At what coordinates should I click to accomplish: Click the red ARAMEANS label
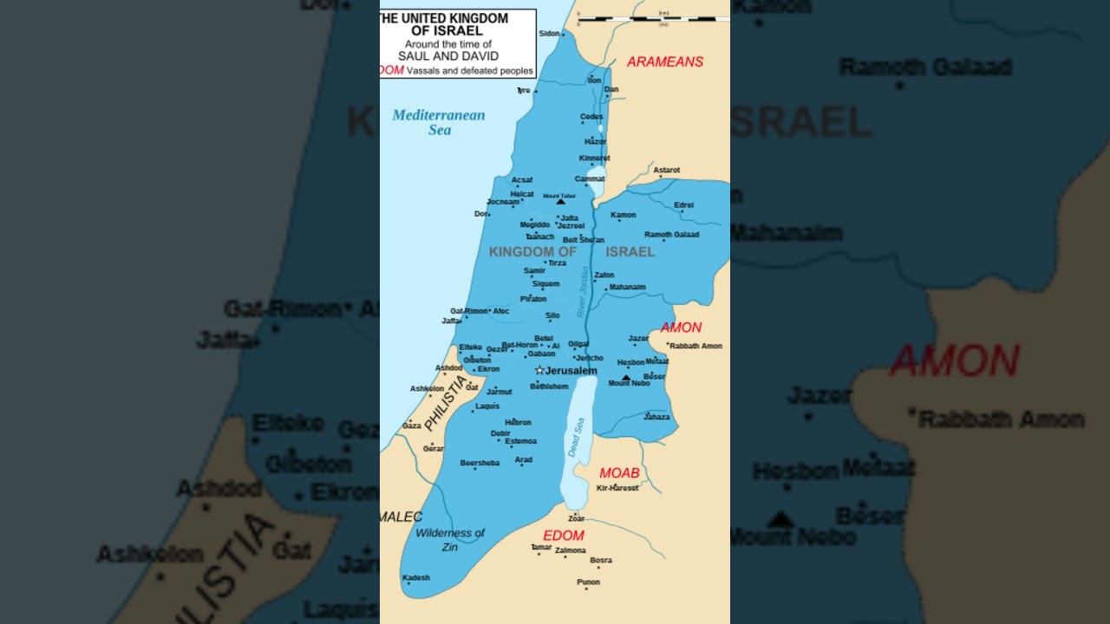click(x=665, y=62)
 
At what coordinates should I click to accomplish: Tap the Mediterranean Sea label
click(x=439, y=122)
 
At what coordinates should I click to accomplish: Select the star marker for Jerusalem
click(x=539, y=370)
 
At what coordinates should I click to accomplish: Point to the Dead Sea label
click(x=576, y=437)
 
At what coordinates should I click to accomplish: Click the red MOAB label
click(x=619, y=473)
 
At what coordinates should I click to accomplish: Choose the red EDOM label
click(x=564, y=536)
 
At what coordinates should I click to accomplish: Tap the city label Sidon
click(x=550, y=34)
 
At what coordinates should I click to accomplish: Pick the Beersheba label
click(x=480, y=463)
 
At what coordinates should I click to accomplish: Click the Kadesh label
click(x=416, y=578)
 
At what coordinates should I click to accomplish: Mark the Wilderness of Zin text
click(x=449, y=540)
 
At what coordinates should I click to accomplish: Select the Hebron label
click(x=518, y=422)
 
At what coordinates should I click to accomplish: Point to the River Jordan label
click(x=584, y=291)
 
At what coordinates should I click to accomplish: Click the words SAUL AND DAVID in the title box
click(x=448, y=55)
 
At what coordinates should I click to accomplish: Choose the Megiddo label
click(x=535, y=224)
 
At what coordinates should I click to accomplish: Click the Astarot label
click(x=667, y=170)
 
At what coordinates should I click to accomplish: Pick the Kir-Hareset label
click(x=617, y=488)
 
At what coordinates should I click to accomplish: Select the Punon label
click(x=589, y=582)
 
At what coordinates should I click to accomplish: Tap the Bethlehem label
click(x=549, y=387)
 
